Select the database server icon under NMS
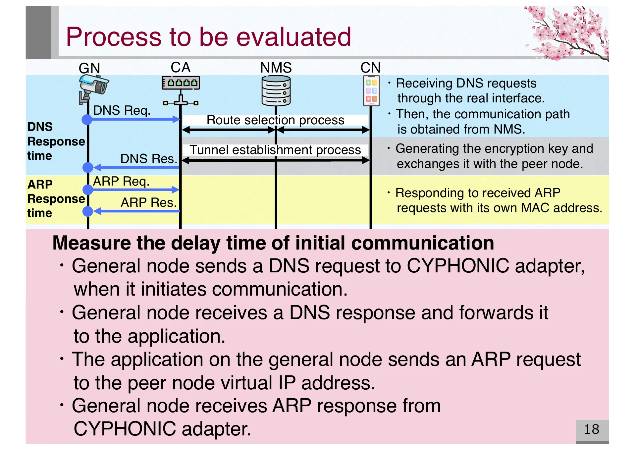pos(276,90)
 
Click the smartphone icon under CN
pos(371,90)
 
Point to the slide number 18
pos(592,429)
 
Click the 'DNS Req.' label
pos(122,110)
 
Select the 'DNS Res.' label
pos(149,159)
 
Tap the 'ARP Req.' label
pos(121,181)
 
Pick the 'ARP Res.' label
pos(149,202)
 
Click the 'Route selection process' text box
pos(275,120)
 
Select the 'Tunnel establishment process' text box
pos(275,150)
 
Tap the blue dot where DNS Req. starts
pos(87,119)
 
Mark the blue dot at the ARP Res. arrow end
pos(87,211)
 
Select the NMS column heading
pos(276,68)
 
